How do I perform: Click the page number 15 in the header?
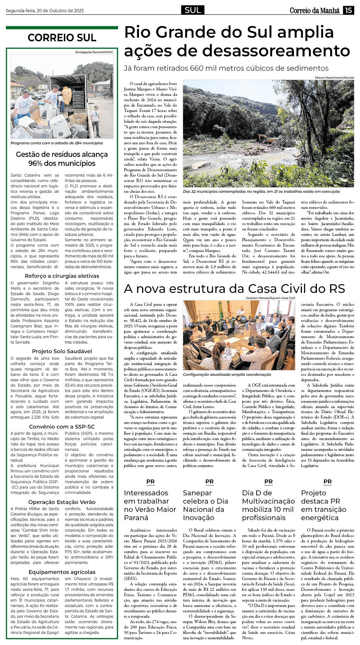(348, 10)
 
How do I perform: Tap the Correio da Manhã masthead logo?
(314, 10)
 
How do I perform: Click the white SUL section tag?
(193, 10)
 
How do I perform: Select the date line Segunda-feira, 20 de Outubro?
(45, 11)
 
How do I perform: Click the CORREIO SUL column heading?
(62, 38)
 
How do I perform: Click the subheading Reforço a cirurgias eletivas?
(62, 276)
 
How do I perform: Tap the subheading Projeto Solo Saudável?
(62, 351)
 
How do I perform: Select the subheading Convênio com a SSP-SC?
(62, 427)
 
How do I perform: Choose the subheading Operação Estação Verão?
(62, 502)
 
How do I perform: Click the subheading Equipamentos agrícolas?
(62, 572)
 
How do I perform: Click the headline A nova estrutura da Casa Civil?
(234, 289)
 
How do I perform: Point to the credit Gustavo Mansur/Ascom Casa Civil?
(270, 298)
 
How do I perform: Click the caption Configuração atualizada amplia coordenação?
(227, 374)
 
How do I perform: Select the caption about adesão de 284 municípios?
(57, 143)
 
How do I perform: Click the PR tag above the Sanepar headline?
(209, 482)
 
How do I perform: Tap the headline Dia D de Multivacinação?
(268, 505)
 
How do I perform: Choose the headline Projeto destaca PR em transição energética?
(323, 505)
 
